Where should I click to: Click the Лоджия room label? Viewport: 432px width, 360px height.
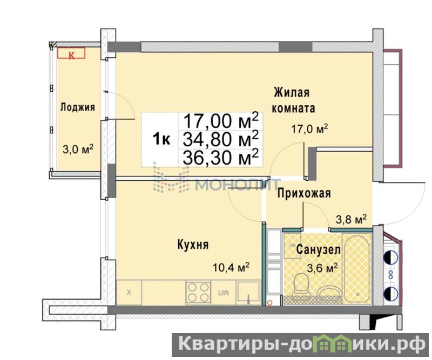pyautogui.click(x=77, y=108)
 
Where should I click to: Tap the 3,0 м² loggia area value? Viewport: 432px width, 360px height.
pyautogui.click(x=78, y=149)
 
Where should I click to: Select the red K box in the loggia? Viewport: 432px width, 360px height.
pyautogui.click(x=71, y=53)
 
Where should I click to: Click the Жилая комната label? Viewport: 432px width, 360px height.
pyautogui.click(x=293, y=100)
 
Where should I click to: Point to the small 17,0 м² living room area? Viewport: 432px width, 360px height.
pyautogui.click(x=309, y=128)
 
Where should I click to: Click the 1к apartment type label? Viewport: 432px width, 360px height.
pyautogui.click(x=161, y=139)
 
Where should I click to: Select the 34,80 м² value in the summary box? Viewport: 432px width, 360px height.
pyautogui.click(x=221, y=139)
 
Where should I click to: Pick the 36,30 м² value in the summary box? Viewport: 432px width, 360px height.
pyautogui.click(x=221, y=157)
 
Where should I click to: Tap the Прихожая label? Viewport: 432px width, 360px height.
pyautogui.click(x=304, y=193)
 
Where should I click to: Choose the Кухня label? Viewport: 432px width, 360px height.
pyautogui.click(x=193, y=244)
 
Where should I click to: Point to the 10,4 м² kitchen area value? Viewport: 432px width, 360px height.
pyautogui.click(x=231, y=267)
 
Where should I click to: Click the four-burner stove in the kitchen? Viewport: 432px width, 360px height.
pyautogui.click(x=198, y=293)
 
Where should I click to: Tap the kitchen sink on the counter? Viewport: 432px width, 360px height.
pyautogui.click(x=249, y=293)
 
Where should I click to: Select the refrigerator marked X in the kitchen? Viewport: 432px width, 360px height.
pyautogui.click(x=129, y=293)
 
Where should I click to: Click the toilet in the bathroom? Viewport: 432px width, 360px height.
pyautogui.click(x=301, y=285)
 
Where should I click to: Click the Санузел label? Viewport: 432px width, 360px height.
pyautogui.click(x=319, y=250)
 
